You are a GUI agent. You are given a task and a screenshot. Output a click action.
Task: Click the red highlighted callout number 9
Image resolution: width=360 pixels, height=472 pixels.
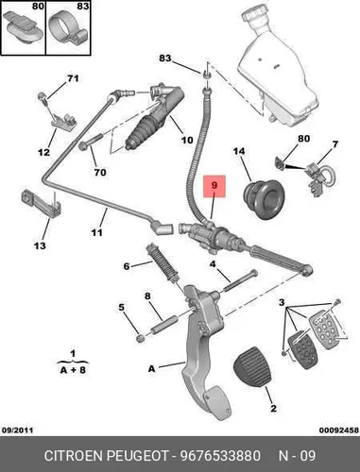[214, 185]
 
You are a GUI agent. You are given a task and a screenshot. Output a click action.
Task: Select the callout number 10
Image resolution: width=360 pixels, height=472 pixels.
[187, 140]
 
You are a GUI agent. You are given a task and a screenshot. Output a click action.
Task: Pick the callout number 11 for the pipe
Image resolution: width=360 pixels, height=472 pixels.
[97, 232]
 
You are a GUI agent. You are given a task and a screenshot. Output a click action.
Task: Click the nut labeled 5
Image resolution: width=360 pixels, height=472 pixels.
[141, 338]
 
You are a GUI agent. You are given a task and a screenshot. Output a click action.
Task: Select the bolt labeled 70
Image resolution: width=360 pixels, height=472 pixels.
[92, 142]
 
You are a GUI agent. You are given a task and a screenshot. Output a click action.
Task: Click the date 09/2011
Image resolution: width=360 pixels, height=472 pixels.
[18, 430]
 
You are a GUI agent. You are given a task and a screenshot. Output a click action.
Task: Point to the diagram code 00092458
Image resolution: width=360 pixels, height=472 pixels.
[339, 430]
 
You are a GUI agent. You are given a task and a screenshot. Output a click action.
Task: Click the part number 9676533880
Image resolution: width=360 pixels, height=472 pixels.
[220, 456]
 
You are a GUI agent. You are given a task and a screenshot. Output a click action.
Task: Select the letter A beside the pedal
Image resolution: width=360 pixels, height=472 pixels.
[152, 368]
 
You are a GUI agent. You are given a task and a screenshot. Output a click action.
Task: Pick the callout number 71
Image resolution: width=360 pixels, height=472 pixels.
[73, 78]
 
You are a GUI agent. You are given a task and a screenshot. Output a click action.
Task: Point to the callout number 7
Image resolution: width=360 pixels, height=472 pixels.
[335, 144]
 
